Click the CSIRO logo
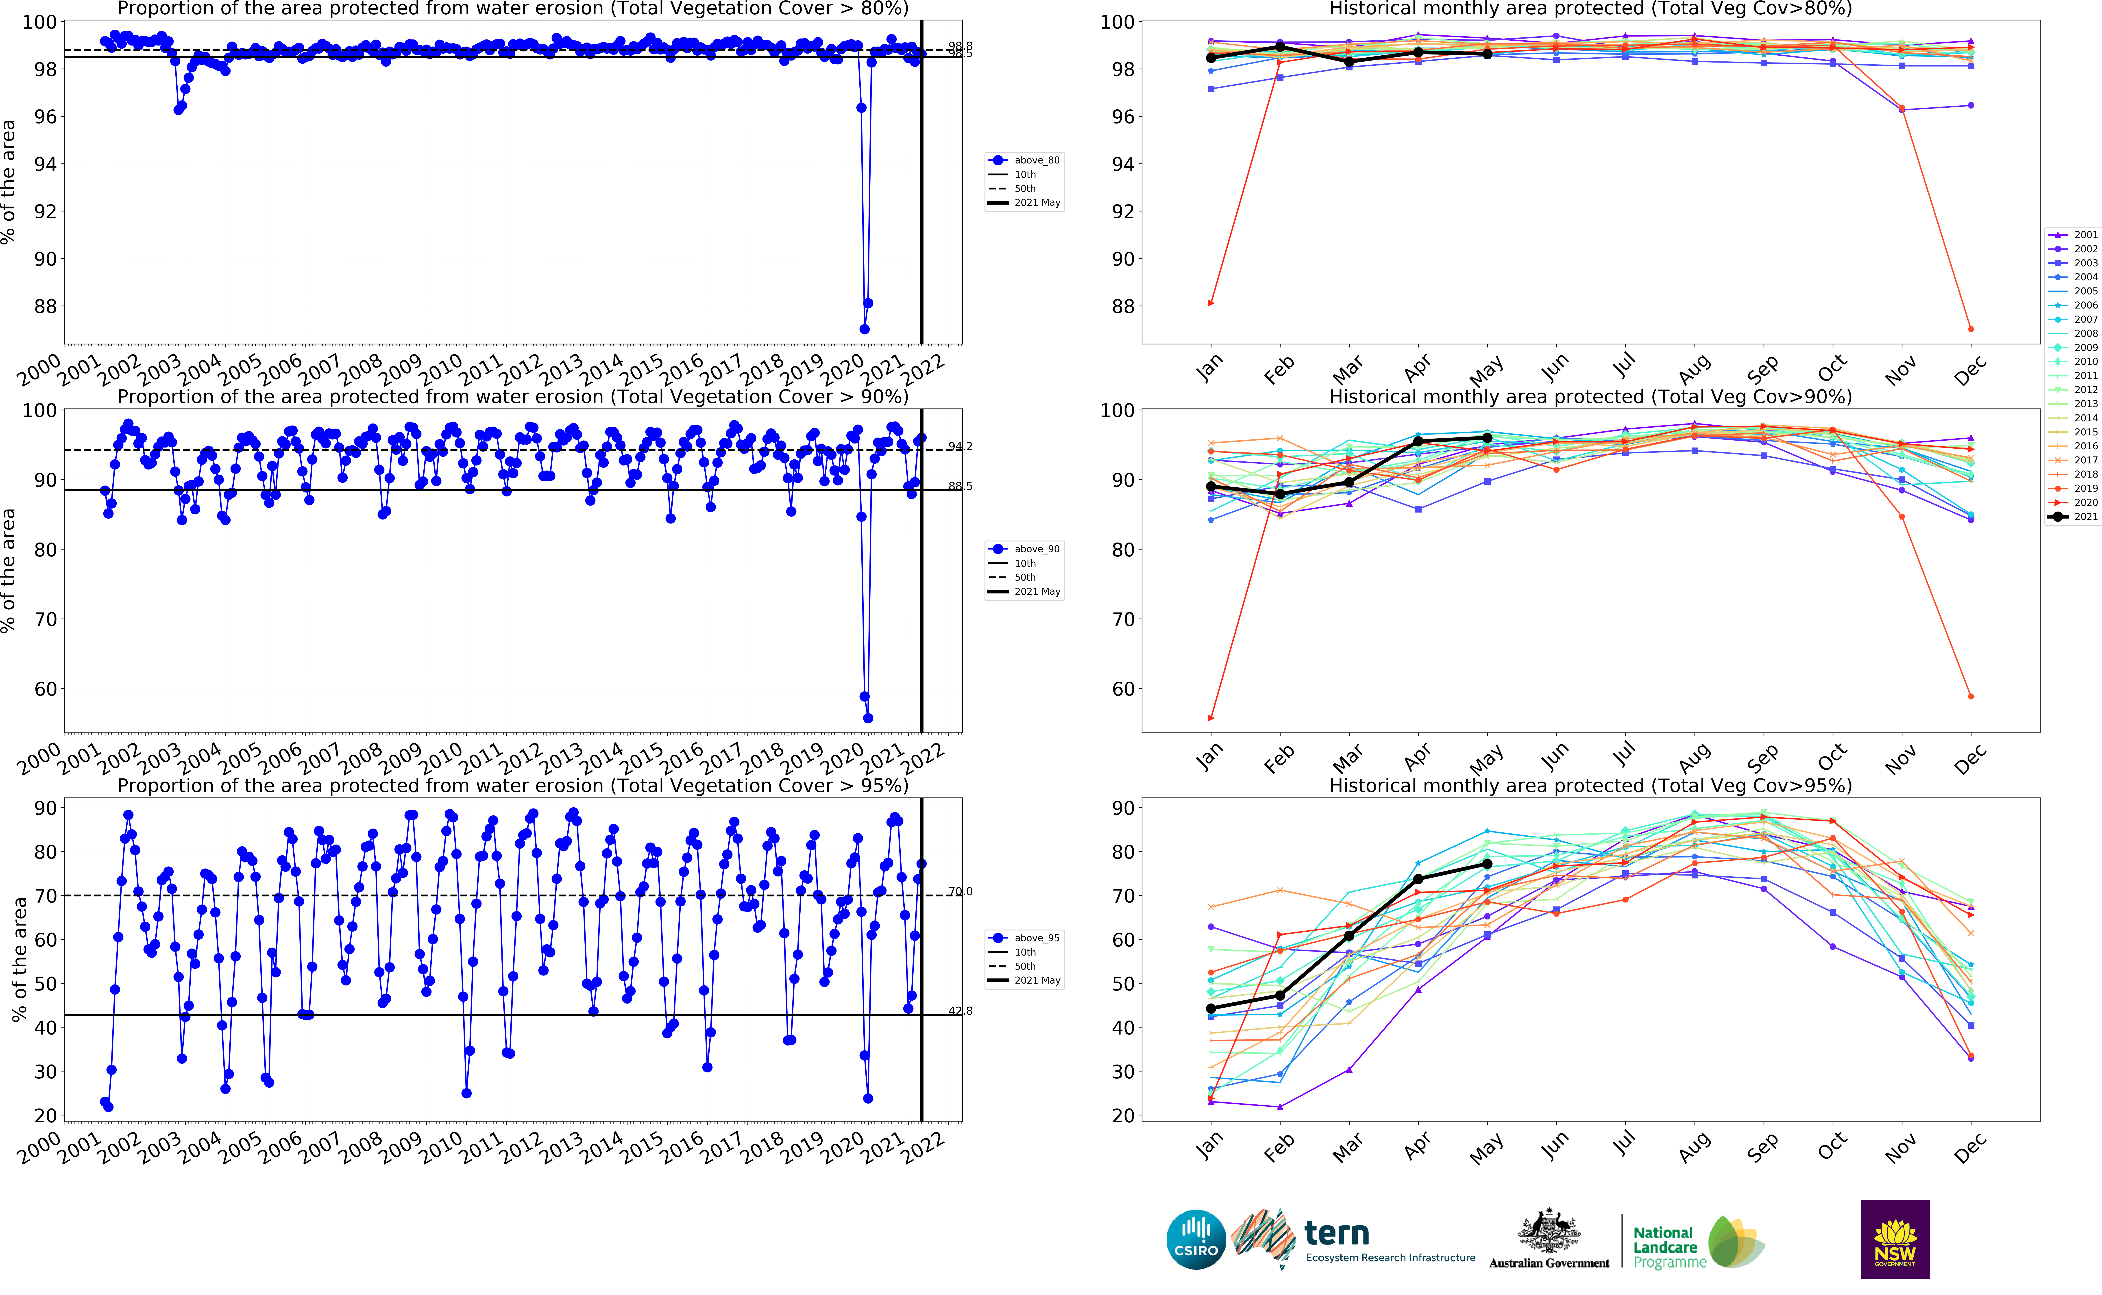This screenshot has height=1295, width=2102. tap(1196, 1239)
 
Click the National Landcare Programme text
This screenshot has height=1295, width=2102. tap(1669, 1247)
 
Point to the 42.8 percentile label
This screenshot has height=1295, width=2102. tap(960, 1011)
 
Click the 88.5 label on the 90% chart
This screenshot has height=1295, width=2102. tap(960, 486)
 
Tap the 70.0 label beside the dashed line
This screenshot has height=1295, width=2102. tap(960, 892)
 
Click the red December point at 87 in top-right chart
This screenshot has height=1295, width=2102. tap(1971, 329)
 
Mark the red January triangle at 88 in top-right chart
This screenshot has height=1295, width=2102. tap(1210, 303)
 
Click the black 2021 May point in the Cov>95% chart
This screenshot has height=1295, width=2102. tap(1487, 864)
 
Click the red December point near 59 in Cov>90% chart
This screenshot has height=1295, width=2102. tap(1971, 696)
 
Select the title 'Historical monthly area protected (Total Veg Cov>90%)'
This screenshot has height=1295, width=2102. tap(1590, 397)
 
